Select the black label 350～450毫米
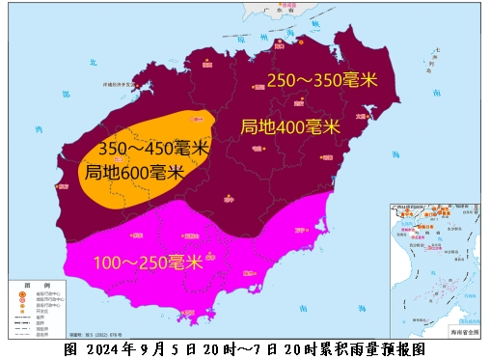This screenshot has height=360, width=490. click(153, 150)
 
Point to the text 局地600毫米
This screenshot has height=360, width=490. click(134, 173)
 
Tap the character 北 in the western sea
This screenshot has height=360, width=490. click(94, 62)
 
